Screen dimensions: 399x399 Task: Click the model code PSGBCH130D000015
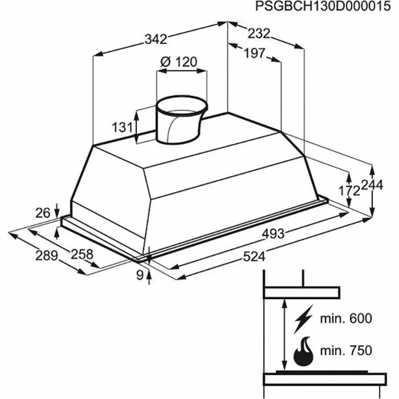point(323,7)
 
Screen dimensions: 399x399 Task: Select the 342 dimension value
point(155,39)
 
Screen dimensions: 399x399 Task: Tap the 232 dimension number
point(259,34)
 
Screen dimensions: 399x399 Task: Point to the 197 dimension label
point(254,53)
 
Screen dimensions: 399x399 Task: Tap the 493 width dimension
point(273,233)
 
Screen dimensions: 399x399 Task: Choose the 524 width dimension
point(254,256)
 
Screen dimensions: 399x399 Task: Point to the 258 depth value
point(82,254)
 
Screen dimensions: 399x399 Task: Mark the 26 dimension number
point(43,213)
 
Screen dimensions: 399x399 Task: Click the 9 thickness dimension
point(140,275)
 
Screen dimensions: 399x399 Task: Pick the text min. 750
point(346,350)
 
